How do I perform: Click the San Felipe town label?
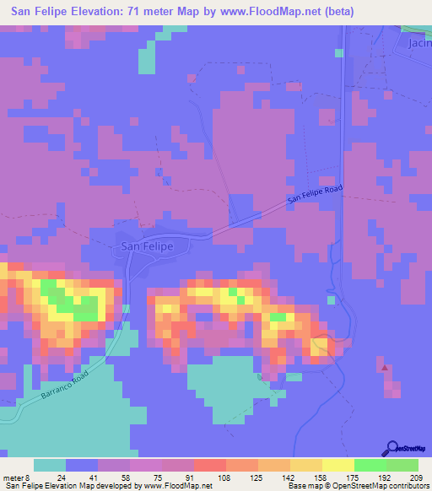pos(148,246)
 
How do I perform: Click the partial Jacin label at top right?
pos(418,42)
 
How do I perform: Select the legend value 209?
pos(417,478)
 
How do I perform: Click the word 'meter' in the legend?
pos(12,478)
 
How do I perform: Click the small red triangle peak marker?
pos(386,368)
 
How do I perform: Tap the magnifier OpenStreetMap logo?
pos(394,449)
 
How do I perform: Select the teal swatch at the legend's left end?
pos(50,465)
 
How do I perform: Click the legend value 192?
pos(386,478)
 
